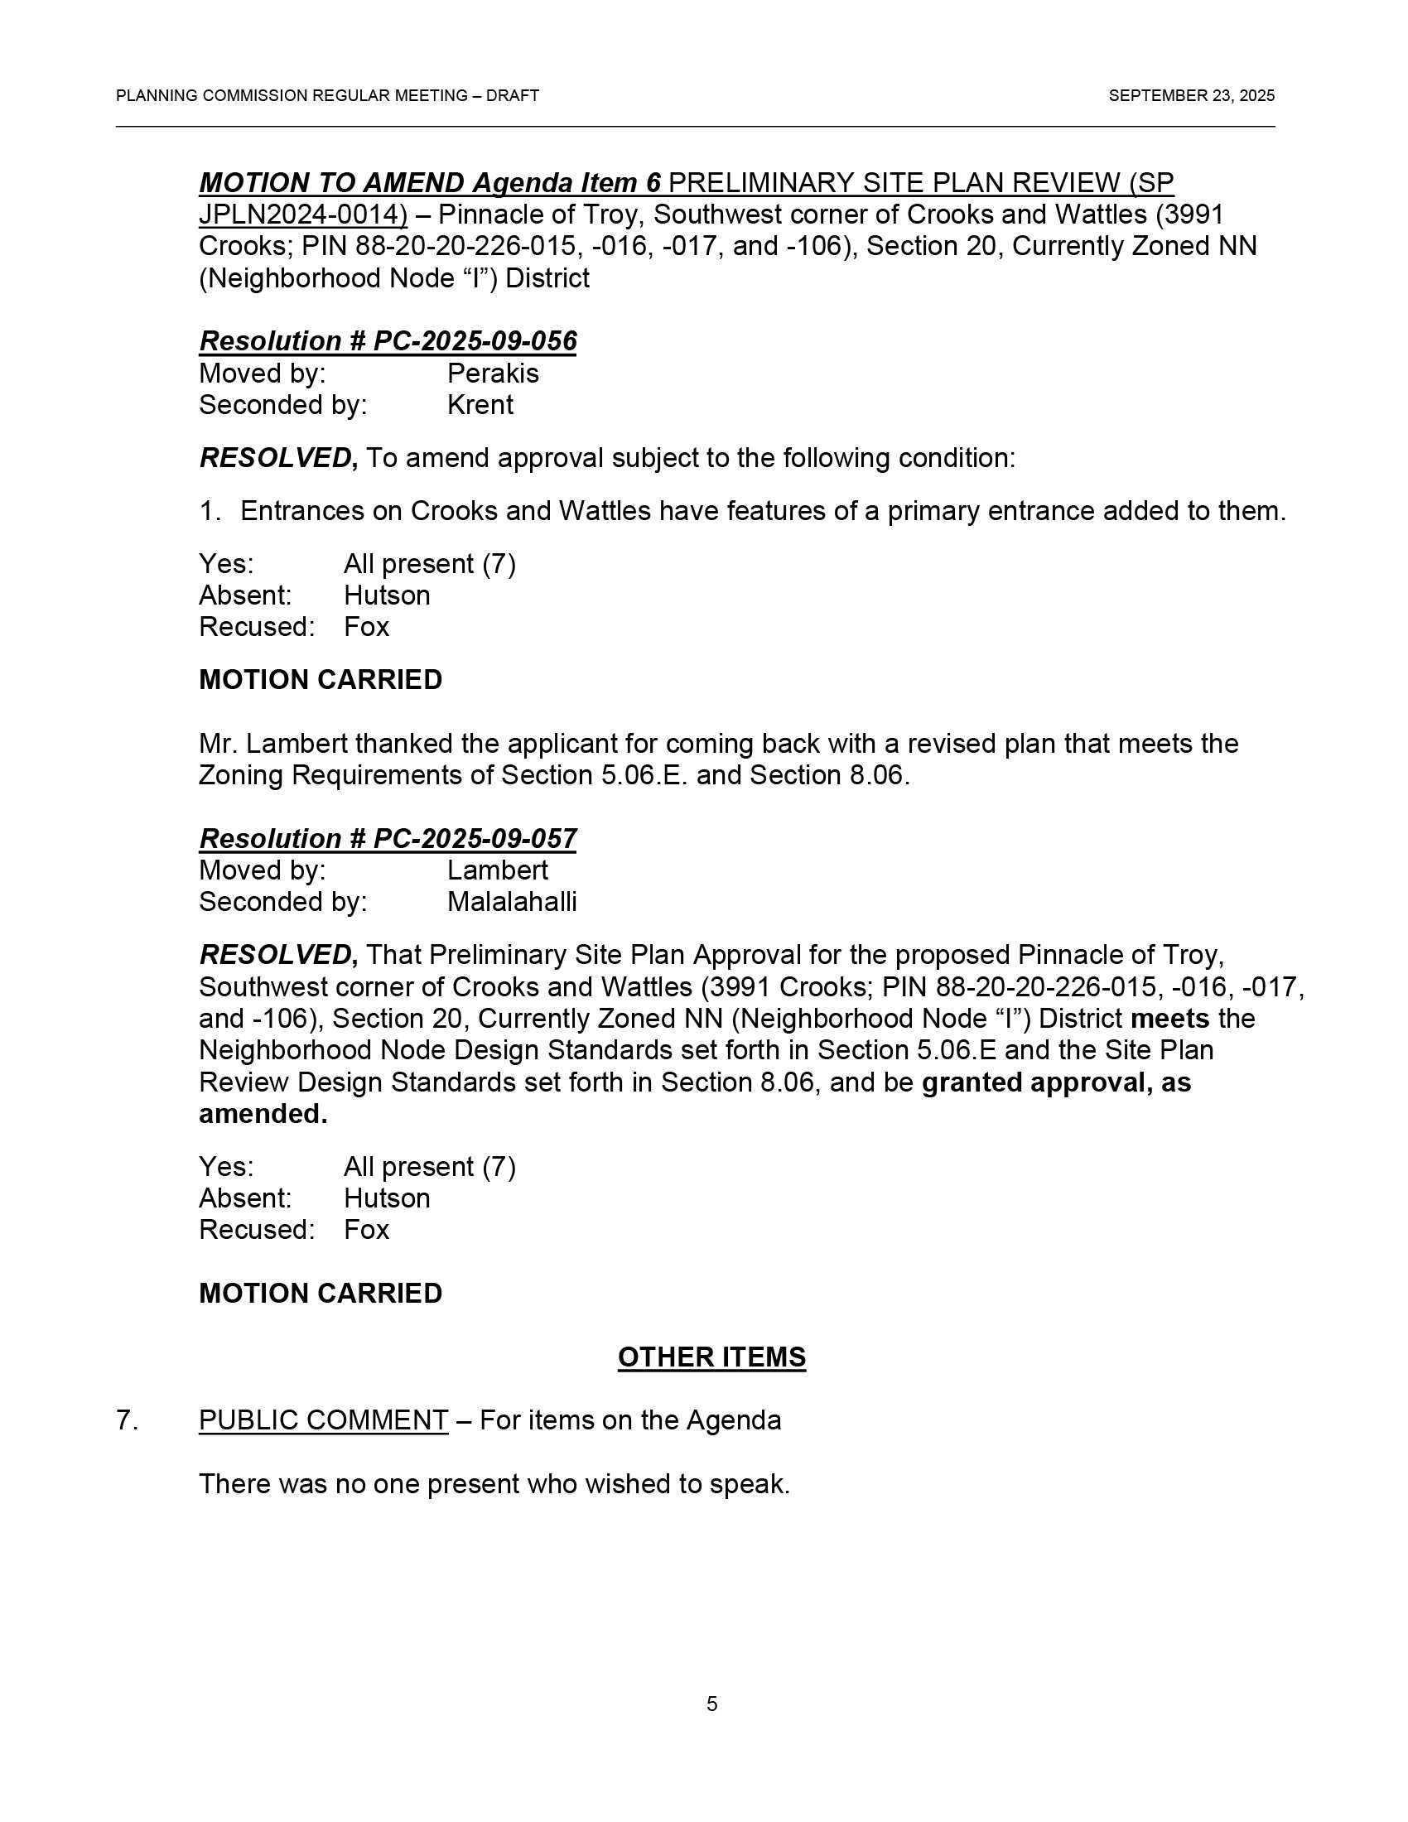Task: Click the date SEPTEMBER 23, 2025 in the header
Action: pos(1190,96)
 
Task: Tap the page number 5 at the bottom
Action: pos(711,1704)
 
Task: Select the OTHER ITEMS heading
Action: pos(711,1357)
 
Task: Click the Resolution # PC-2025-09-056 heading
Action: pos(387,341)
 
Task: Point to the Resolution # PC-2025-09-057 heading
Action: pos(387,838)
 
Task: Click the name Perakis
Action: pos(493,373)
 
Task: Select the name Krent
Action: pos(480,405)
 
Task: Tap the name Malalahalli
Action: pos(511,902)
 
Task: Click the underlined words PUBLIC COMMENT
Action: pos(323,1420)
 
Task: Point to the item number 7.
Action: pos(126,1420)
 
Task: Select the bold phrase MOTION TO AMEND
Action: pos(331,183)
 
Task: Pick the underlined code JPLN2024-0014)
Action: pos(303,214)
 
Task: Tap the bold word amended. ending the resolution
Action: pos(263,1114)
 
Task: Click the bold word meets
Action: pos(1169,1019)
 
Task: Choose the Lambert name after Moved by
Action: pos(497,870)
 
